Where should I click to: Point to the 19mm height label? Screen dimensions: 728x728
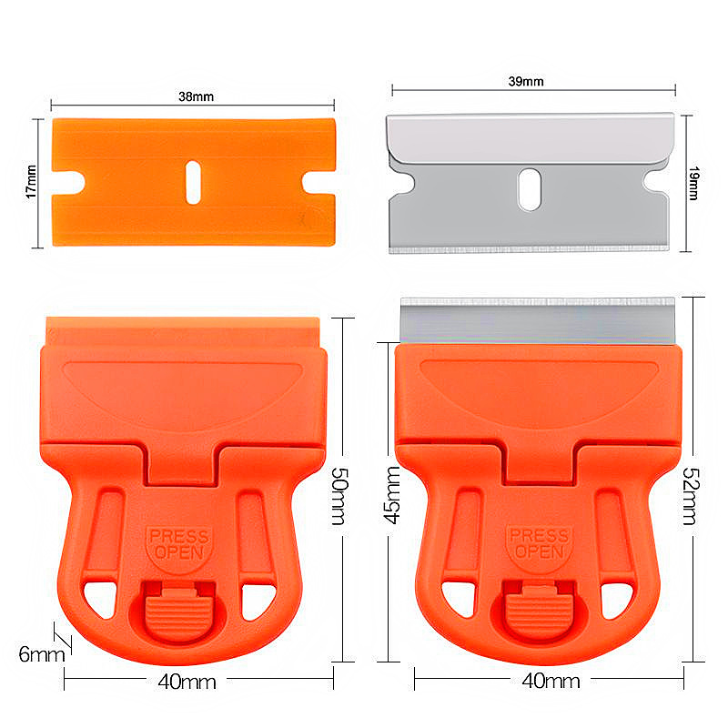tap(693, 182)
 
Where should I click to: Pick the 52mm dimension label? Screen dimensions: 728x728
tap(690, 497)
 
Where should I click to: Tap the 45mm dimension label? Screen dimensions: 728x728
tap(392, 497)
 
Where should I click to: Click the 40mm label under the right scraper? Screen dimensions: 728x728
tap(548, 680)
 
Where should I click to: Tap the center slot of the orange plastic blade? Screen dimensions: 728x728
tap(192, 180)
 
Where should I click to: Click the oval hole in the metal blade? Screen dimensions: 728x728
tap(528, 189)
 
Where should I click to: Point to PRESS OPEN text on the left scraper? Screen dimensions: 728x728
tap(179, 543)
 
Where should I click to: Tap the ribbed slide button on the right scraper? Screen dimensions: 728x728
tap(535, 608)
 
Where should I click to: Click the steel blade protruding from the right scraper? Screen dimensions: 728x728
tap(538, 321)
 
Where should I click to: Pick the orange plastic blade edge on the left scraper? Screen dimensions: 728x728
tap(183, 328)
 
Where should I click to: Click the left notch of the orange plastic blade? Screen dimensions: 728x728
tap(69, 181)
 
